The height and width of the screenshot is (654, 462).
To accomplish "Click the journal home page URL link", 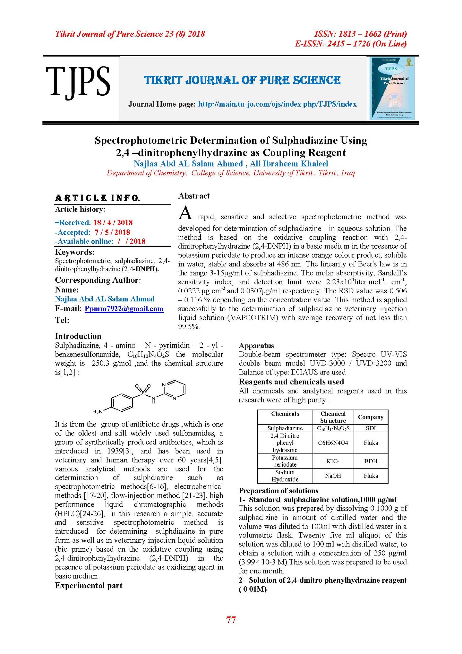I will pyautogui.click(x=277, y=104).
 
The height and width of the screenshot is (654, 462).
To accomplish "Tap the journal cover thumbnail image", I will pyautogui.click(x=392, y=88).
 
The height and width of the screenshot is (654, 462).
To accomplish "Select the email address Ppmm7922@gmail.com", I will pyautogui.click(x=124, y=309).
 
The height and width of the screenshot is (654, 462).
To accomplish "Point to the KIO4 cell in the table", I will pyautogui.click(x=333, y=461).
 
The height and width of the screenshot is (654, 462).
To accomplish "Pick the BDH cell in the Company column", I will pyautogui.click(x=371, y=461).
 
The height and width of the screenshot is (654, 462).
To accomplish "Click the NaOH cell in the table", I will pyautogui.click(x=333, y=476).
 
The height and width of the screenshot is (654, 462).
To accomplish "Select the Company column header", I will pyautogui.click(x=371, y=417).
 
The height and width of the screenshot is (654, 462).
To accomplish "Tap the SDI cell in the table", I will pyautogui.click(x=371, y=428).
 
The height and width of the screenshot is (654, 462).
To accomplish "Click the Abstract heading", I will pyautogui.click(x=194, y=196).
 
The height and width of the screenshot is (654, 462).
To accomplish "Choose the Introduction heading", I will pyautogui.click(x=78, y=336).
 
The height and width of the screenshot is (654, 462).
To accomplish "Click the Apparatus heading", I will pyautogui.click(x=256, y=346).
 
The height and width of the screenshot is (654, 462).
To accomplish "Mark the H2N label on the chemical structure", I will pyautogui.click(x=97, y=412).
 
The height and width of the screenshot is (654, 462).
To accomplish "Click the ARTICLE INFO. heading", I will pyautogui.click(x=97, y=198).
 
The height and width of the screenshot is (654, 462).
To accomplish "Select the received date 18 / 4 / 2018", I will pyautogui.click(x=113, y=223).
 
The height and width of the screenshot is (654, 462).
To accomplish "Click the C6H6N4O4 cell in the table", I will pyautogui.click(x=333, y=443).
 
